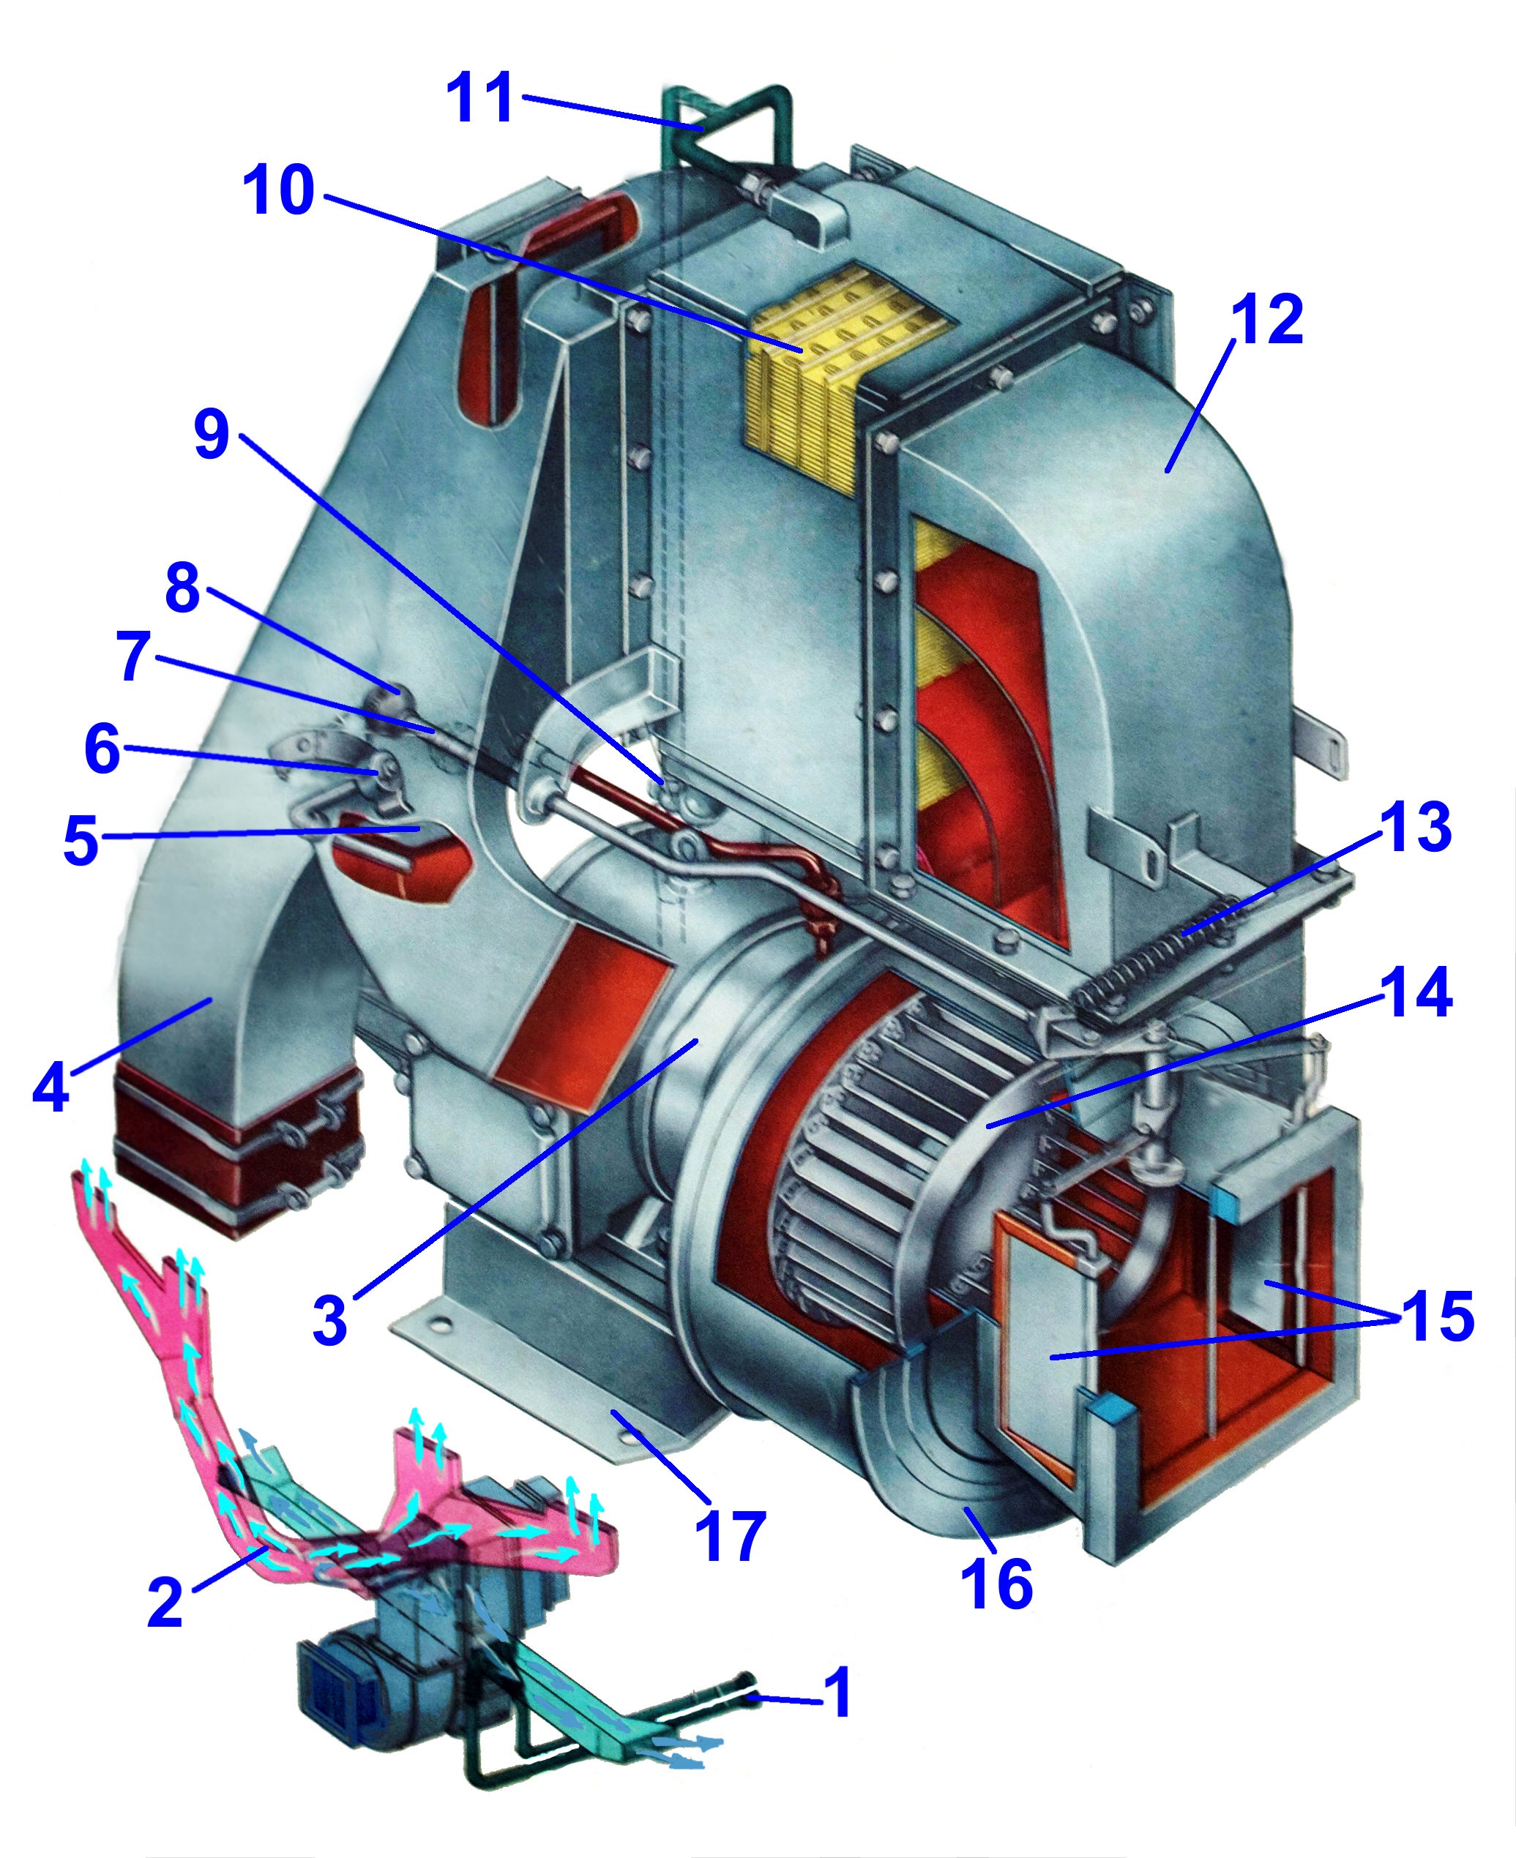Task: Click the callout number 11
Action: [479, 100]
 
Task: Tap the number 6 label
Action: [102, 749]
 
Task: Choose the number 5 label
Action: [81, 841]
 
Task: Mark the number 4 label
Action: [51, 1085]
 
